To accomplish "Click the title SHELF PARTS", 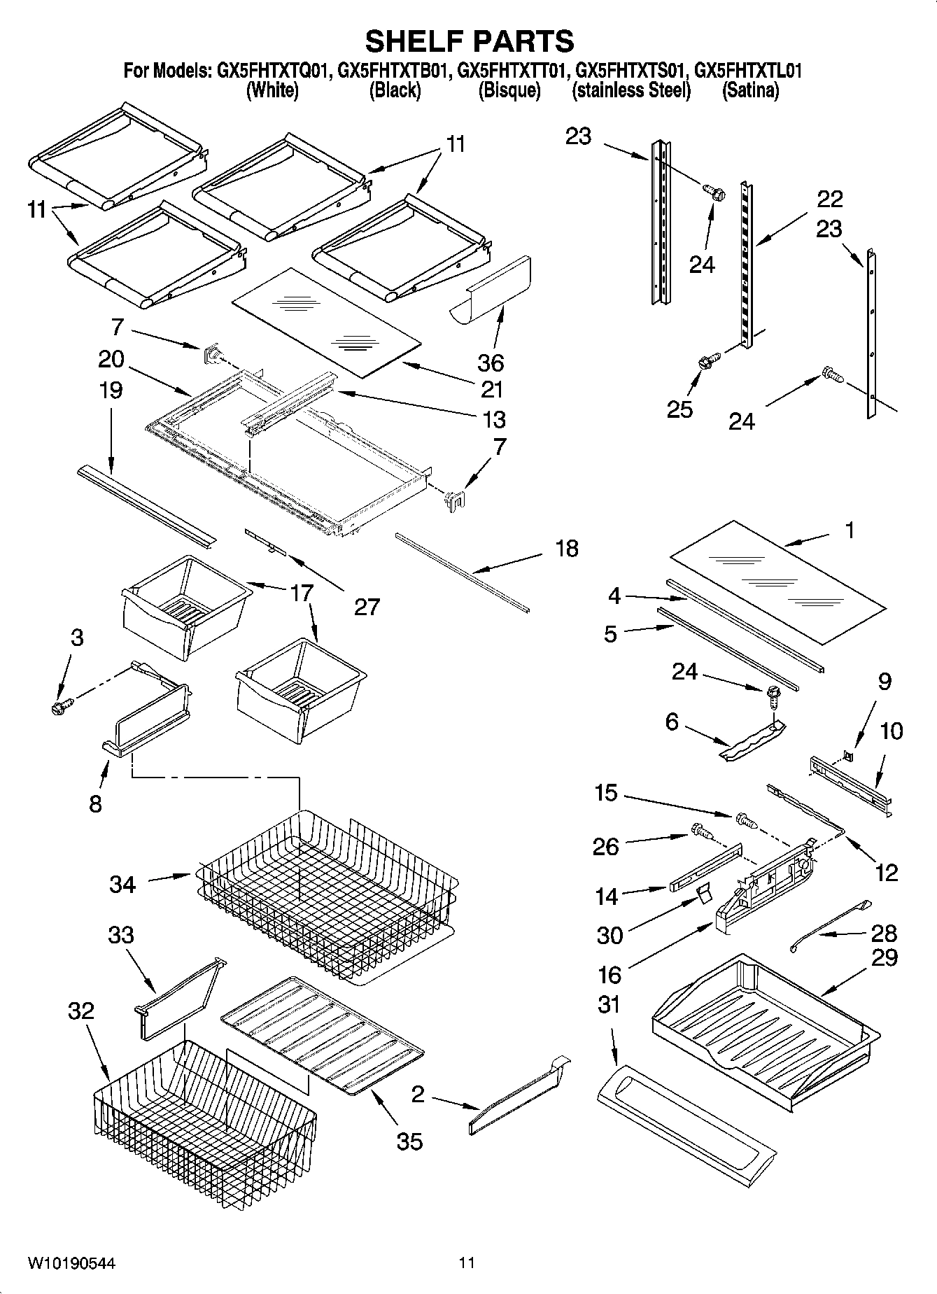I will click(x=470, y=41).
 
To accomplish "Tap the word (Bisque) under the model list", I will click(x=509, y=90).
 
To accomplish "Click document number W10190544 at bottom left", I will click(x=71, y=1263).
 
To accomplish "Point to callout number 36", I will click(x=491, y=363).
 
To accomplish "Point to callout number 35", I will click(x=409, y=1141).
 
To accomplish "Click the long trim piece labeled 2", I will click(x=518, y=1098).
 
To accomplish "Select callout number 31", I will click(x=609, y=1004).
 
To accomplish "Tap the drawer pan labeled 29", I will click(x=763, y=1022).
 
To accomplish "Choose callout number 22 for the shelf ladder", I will click(x=830, y=199).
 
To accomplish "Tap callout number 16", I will click(x=610, y=973).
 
